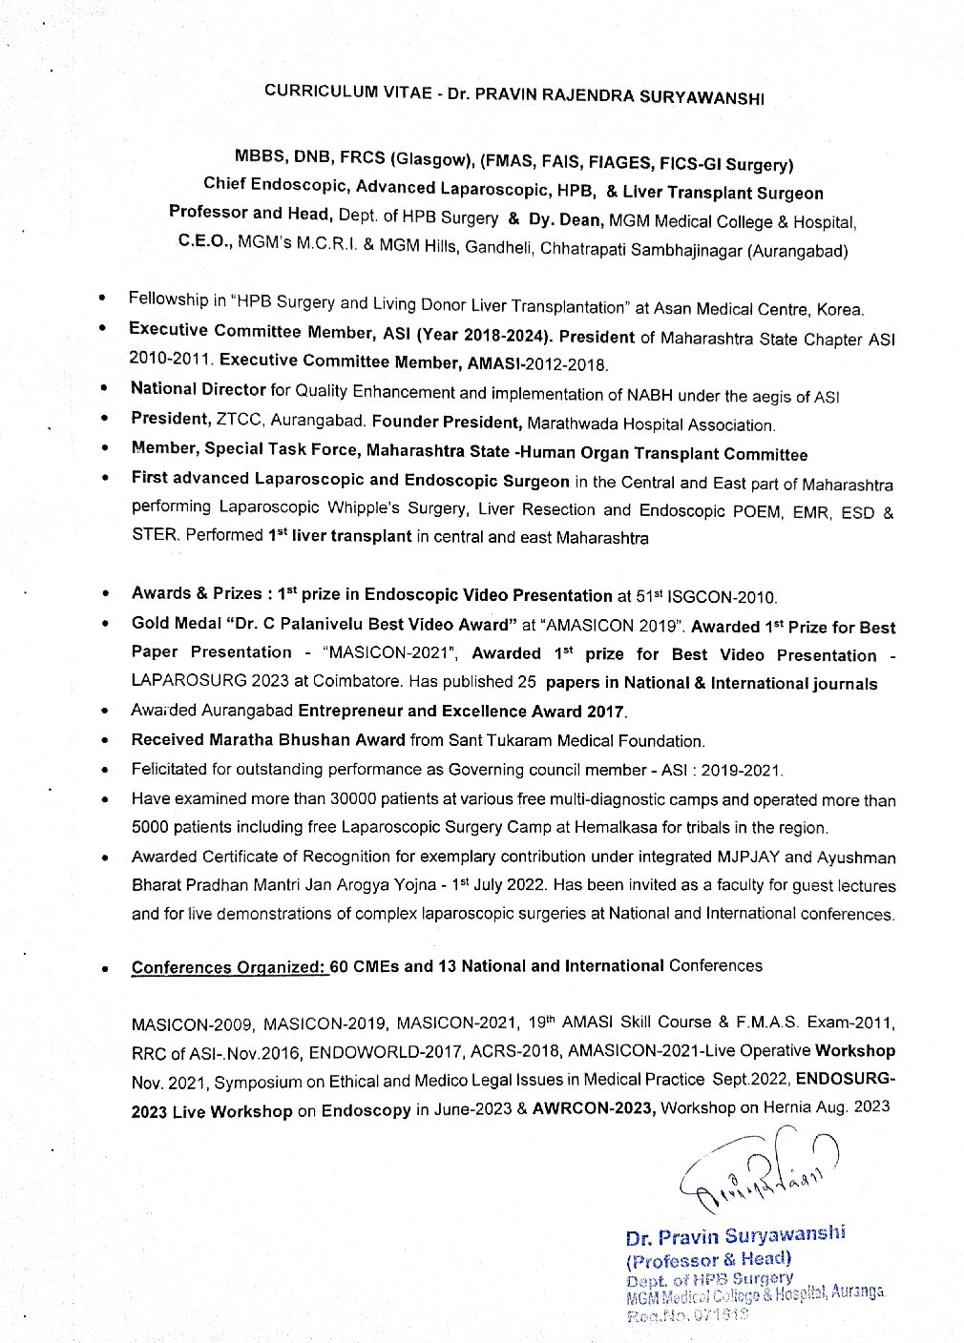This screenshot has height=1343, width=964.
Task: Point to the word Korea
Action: click(x=841, y=309)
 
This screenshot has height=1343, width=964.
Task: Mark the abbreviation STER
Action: click(x=155, y=535)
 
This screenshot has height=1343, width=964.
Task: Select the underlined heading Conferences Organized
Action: click(x=229, y=967)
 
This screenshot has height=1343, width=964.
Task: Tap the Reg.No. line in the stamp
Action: click(x=685, y=1313)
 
